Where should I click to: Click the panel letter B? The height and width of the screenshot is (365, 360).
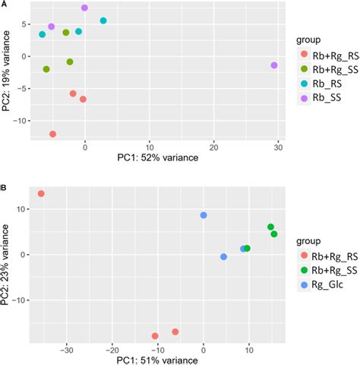coord(5,184)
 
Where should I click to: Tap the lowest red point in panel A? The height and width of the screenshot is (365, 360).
coord(52,134)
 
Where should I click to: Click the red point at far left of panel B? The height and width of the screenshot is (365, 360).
coord(41,194)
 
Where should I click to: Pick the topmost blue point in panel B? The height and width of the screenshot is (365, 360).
coord(204,215)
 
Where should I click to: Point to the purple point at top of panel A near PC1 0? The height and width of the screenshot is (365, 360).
coord(84,8)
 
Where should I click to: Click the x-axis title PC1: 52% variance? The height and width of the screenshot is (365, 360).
coord(158,158)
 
